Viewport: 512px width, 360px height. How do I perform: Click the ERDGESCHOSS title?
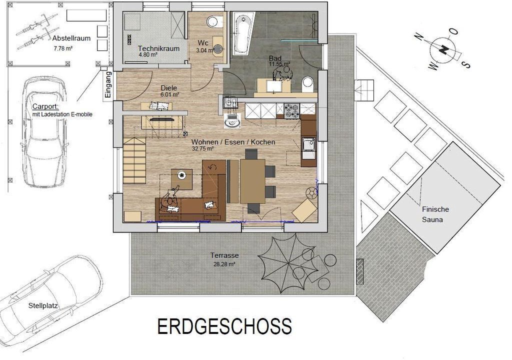coord(224,326)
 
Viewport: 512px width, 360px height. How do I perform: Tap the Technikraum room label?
coord(158,48)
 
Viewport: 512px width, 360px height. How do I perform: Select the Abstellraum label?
coord(71,38)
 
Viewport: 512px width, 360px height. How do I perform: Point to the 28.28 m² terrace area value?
coord(224,264)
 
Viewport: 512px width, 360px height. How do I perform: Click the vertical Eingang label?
coord(108,84)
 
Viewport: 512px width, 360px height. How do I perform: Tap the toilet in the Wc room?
coord(214,22)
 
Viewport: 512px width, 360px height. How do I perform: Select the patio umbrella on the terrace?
coord(287,262)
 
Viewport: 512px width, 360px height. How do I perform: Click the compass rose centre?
coord(443,49)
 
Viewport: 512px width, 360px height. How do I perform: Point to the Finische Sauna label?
coord(435,214)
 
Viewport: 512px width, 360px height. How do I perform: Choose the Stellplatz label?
coord(43,306)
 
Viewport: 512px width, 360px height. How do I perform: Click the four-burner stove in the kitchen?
coord(291,110)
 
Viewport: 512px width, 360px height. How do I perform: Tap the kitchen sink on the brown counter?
coord(308,144)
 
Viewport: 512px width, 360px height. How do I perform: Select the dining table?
coord(252,181)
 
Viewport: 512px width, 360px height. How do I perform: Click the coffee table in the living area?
coord(181,179)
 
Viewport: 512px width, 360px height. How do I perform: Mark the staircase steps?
coord(134,160)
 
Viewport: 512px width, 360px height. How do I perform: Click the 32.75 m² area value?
coord(202,148)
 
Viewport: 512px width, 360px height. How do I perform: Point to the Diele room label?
coord(169,88)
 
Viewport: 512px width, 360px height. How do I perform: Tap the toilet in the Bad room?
coord(307,84)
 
